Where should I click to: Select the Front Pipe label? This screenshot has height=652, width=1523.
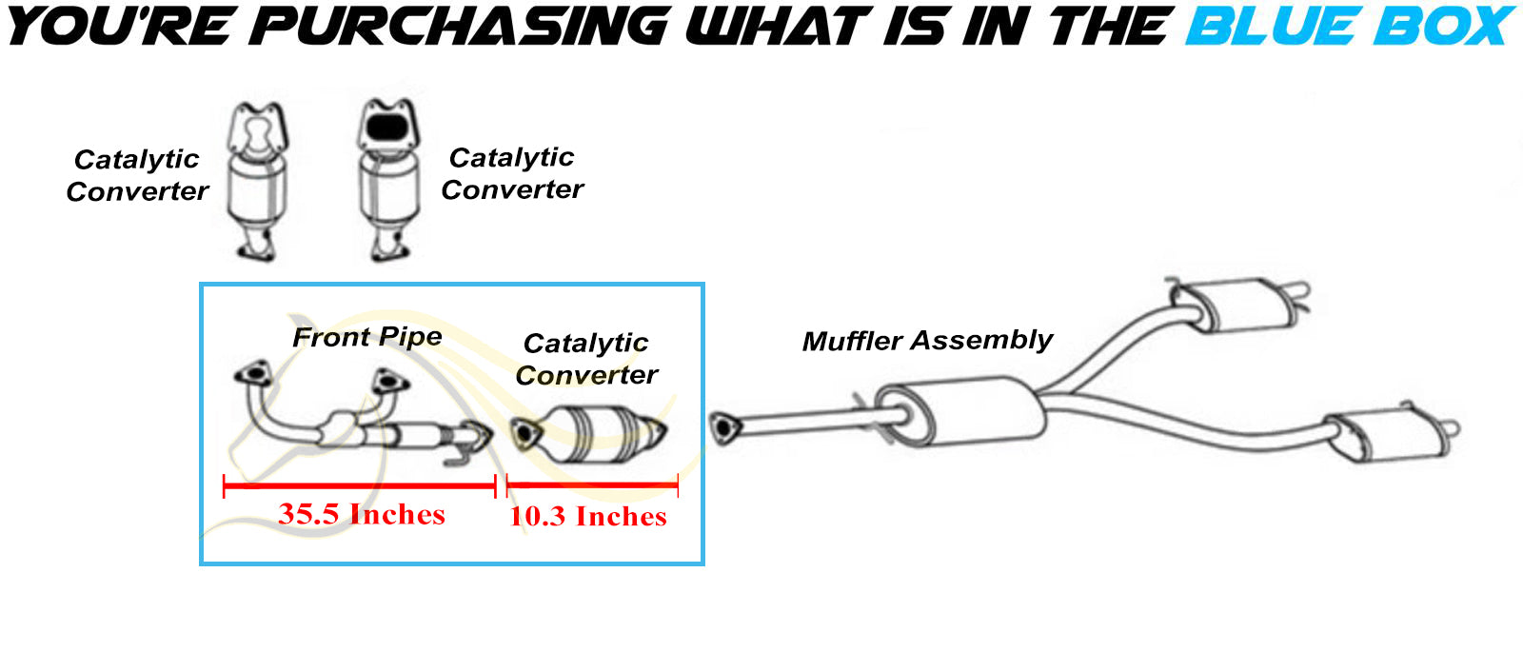click(x=367, y=337)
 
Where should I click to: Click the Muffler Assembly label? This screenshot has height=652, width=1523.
click(x=927, y=341)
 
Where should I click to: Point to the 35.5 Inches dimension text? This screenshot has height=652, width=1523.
click(x=362, y=515)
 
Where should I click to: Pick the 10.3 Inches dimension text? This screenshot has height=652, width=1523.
click(x=588, y=517)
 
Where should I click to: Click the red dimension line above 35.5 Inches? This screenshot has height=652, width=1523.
click(x=360, y=486)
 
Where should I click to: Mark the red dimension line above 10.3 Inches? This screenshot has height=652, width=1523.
click(x=592, y=486)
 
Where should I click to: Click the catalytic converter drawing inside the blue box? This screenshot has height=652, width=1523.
click(x=588, y=434)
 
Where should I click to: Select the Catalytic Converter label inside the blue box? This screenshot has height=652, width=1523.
click(x=586, y=359)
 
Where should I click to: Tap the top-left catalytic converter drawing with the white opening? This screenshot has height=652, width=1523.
click(x=257, y=180)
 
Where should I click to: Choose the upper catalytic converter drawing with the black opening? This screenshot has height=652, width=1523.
click(x=389, y=180)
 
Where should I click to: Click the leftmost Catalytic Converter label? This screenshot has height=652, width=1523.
click(x=137, y=175)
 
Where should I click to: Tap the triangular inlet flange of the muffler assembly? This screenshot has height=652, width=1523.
click(x=724, y=428)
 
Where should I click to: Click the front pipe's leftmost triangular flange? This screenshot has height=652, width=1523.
click(x=253, y=373)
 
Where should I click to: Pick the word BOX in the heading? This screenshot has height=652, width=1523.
click(x=1438, y=27)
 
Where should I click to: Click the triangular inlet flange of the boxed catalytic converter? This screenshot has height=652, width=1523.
click(x=524, y=434)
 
